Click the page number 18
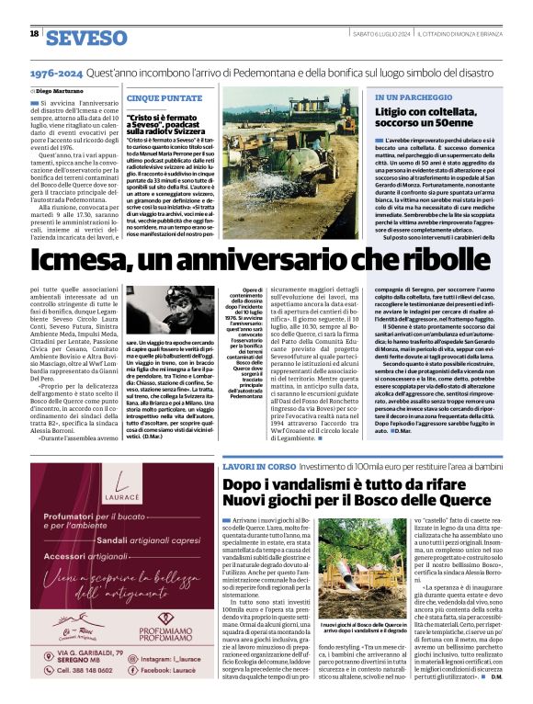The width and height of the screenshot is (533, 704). [34, 34]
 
